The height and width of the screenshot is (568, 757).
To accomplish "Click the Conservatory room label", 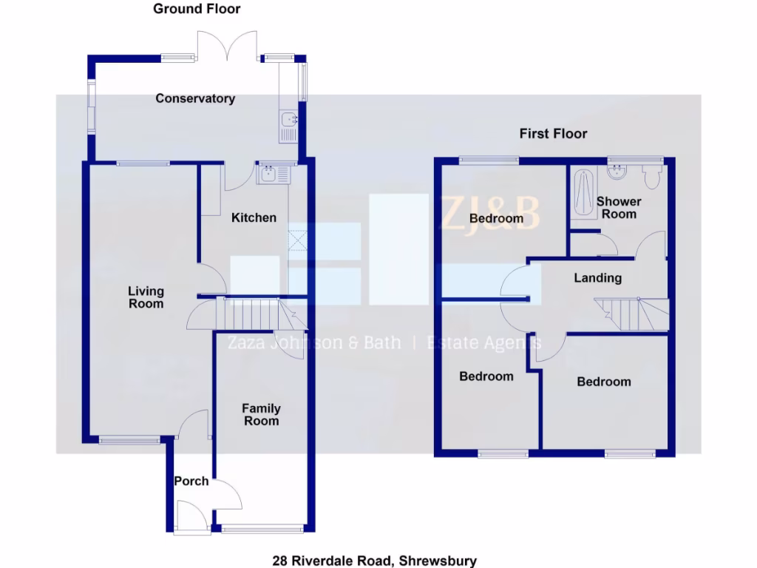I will click(x=195, y=98).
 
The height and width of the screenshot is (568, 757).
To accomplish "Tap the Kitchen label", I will click(x=254, y=217).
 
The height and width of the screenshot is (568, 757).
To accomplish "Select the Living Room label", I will click(x=146, y=297).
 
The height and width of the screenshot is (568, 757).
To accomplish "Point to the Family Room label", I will click(x=262, y=414).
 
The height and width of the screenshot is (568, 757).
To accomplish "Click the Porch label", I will click(x=191, y=481).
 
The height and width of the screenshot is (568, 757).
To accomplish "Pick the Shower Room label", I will click(x=619, y=207).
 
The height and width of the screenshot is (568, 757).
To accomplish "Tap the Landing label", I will click(x=598, y=278).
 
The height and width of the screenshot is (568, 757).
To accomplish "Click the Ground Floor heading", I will click(x=197, y=9).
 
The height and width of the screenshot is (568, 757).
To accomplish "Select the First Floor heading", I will click(x=553, y=133).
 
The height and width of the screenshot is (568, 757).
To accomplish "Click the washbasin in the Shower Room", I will click(x=616, y=172).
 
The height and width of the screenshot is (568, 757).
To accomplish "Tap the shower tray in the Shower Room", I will click(x=583, y=194).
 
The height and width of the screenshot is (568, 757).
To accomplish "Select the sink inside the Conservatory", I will click(x=288, y=125).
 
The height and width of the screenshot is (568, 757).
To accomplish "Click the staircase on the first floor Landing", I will click(x=633, y=314).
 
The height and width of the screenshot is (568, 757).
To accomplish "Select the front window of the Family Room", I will click(x=262, y=529).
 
